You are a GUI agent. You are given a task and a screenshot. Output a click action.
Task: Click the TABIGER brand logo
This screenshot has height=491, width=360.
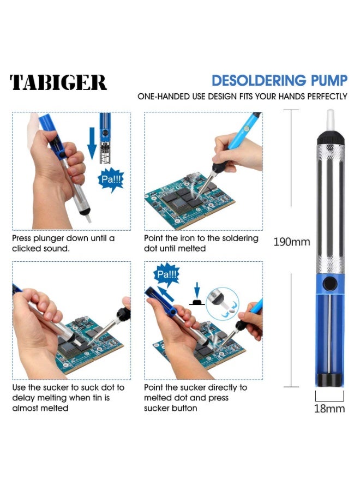tap(58, 82)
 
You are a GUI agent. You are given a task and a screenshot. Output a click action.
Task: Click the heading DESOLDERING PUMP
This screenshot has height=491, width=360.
tap(279, 81)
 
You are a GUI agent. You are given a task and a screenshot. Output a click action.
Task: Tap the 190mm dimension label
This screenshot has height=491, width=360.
tap(291, 242)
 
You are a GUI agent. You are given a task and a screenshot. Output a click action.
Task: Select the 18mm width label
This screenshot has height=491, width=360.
tap(329, 409)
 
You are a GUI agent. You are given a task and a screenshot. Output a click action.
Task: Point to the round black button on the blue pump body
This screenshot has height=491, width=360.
tap(329, 284)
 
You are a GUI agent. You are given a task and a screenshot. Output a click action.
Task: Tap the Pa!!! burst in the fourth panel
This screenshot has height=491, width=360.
tap(167, 274)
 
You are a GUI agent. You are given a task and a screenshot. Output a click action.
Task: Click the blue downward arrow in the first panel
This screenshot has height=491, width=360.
tap(92, 142)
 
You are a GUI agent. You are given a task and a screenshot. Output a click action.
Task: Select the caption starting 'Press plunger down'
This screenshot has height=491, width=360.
tap(63, 243)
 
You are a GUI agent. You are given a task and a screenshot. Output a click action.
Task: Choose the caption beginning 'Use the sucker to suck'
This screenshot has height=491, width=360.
tap(68, 398)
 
